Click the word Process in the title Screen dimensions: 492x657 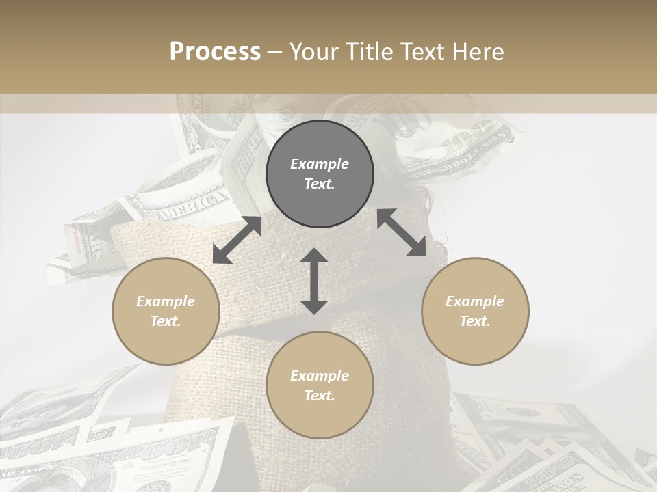[215, 52]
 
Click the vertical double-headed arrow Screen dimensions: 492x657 [314, 281]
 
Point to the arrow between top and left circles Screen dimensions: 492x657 [237, 240]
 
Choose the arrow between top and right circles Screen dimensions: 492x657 [402, 233]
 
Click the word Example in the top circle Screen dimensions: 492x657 [320, 164]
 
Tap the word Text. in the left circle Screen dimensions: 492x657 [166, 321]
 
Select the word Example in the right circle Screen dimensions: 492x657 [475, 301]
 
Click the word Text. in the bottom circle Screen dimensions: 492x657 [320, 396]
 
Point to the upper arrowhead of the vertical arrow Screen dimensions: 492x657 [314, 256]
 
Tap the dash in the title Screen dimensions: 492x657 [274, 52]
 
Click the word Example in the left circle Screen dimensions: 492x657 [166, 301]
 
